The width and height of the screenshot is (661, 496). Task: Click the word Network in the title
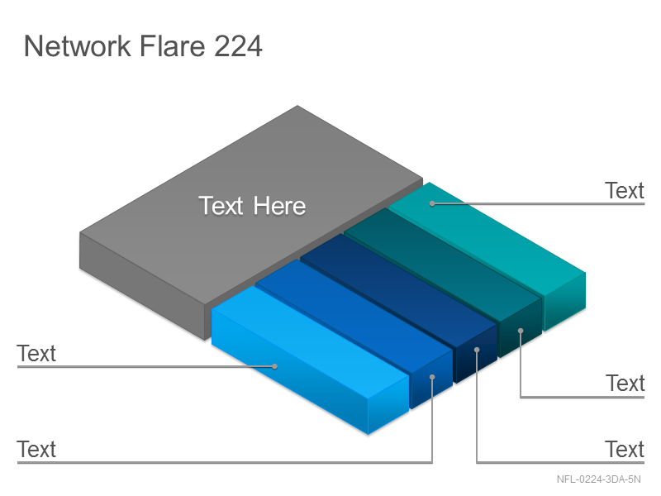pos(78,45)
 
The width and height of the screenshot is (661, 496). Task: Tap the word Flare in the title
pos(172,45)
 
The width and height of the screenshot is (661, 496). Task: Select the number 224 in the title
pos(238,45)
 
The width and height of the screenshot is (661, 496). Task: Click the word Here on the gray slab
pos(279,206)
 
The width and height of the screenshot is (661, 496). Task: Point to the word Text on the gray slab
pos(221,206)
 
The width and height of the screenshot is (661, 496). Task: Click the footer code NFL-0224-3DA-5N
pos(598,479)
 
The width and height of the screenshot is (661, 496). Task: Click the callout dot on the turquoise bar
pos(432,203)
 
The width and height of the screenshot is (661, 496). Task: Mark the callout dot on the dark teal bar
pos(521,331)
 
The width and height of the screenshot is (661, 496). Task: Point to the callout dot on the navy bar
pos(477,350)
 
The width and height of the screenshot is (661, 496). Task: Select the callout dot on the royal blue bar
pos(432,377)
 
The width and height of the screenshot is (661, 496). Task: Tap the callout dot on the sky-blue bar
pos(275,366)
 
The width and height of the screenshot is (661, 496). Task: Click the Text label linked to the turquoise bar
pos(625,191)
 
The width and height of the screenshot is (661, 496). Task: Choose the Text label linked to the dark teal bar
pos(625,384)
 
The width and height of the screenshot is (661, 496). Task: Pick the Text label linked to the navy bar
pos(625,449)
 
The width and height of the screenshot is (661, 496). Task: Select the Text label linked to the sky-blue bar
pos(36,354)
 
